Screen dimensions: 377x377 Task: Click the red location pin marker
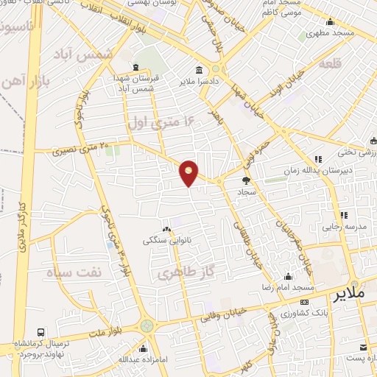coord(189,172)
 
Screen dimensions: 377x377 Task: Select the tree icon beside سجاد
coord(246,179)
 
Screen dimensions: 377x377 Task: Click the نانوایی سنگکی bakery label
coord(166,239)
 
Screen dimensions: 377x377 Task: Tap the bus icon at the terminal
coord(40,333)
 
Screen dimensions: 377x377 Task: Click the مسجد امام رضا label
coord(289,286)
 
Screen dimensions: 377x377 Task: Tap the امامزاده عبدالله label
coord(119,359)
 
